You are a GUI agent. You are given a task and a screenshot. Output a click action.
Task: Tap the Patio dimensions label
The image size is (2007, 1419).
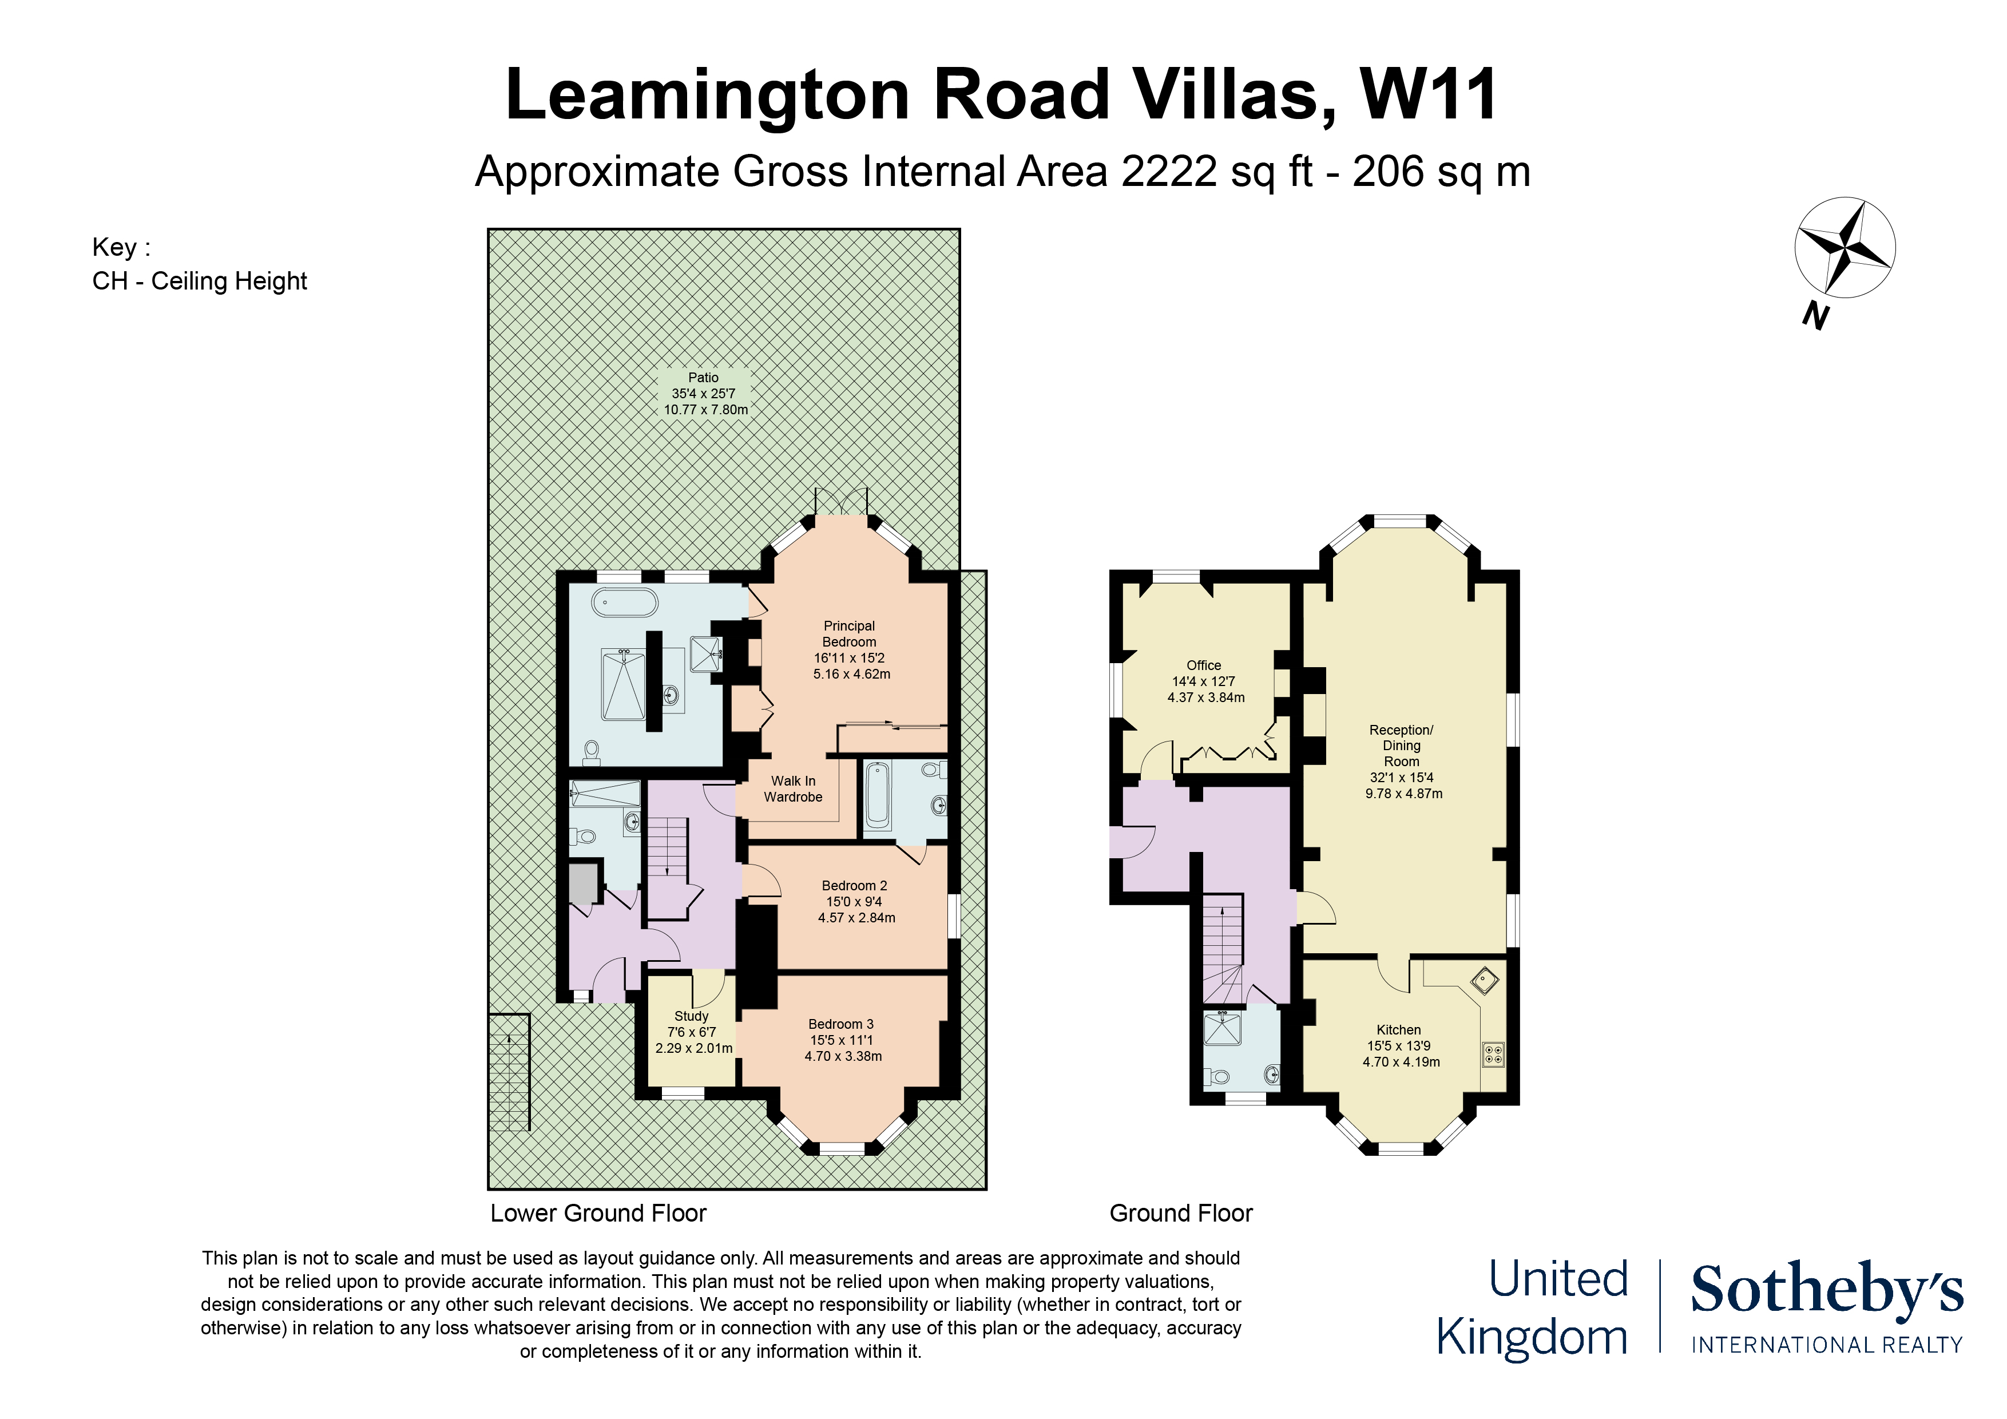pyautogui.click(x=704, y=394)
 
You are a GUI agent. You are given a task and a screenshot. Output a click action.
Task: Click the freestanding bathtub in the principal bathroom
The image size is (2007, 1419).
pyautogui.click(x=625, y=603)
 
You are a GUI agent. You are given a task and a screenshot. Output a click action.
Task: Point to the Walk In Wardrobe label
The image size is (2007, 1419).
pyautogui.click(x=793, y=788)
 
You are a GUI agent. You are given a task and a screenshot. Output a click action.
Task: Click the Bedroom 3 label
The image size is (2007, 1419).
pyautogui.click(x=842, y=1040)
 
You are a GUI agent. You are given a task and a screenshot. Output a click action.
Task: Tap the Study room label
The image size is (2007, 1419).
pyautogui.click(x=692, y=1032)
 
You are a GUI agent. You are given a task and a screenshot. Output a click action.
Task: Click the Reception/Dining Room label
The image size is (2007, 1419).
pyautogui.click(x=1402, y=760)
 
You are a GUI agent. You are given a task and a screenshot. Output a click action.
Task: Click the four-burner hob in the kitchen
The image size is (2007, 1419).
pyautogui.click(x=1493, y=1055)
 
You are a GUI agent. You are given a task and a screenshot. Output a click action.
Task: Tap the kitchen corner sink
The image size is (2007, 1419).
pyautogui.click(x=1485, y=980)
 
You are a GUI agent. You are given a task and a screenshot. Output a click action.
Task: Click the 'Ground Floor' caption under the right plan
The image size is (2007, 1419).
pyautogui.click(x=1180, y=1214)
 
